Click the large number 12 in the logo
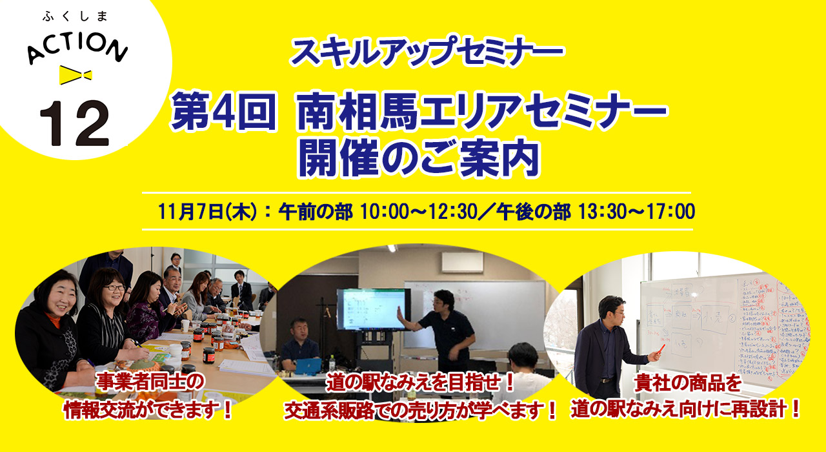pos(74,123)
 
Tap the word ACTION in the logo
pos(78,48)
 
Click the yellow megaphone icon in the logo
pos(76,75)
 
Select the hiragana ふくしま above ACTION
pos(76,16)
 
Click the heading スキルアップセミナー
pos(427,51)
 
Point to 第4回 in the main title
pos(224,111)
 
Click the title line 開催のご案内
pos(419,159)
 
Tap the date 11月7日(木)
pos(207,211)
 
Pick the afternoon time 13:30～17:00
pos(636,211)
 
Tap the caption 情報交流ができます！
pos(148,409)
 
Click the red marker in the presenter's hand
pos(661,349)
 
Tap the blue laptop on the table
pos(308,366)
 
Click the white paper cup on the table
pos(185,325)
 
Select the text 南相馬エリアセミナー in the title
pos(483,111)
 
